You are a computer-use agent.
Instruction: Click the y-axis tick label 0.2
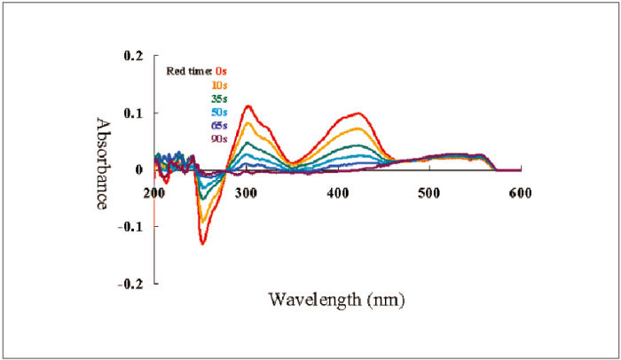(x=132, y=56)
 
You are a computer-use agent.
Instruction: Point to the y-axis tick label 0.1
(x=132, y=113)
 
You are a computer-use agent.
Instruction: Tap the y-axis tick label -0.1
(x=130, y=226)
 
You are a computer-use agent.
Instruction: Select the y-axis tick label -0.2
(x=130, y=283)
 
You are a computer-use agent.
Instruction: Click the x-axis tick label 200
(x=154, y=192)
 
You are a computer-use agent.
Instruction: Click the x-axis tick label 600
(x=521, y=192)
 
